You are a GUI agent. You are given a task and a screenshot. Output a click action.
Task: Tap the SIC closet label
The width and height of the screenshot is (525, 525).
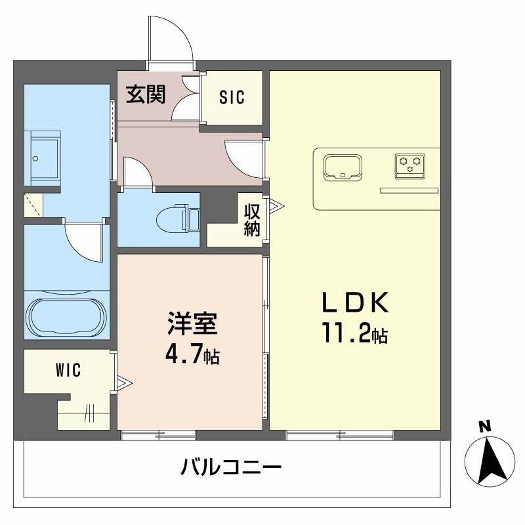click(232, 98)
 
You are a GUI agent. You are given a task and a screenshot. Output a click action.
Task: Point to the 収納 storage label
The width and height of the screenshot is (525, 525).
click(253, 220)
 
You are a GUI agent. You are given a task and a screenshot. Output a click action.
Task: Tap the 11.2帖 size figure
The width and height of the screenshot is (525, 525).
click(354, 335)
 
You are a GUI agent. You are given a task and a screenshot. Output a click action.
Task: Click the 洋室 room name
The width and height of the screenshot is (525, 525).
click(192, 326)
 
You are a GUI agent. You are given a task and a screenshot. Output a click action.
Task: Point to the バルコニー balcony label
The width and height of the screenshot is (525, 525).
click(231, 468)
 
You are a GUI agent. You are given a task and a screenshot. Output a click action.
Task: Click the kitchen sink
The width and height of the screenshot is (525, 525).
click(343, 167)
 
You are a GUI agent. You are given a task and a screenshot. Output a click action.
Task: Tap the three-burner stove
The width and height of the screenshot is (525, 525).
click(410, 164)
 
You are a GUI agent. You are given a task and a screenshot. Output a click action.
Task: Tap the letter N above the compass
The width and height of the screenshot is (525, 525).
click(485, 427)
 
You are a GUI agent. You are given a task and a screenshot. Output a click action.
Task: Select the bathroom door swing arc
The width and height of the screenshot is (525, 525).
click(85, 241)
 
